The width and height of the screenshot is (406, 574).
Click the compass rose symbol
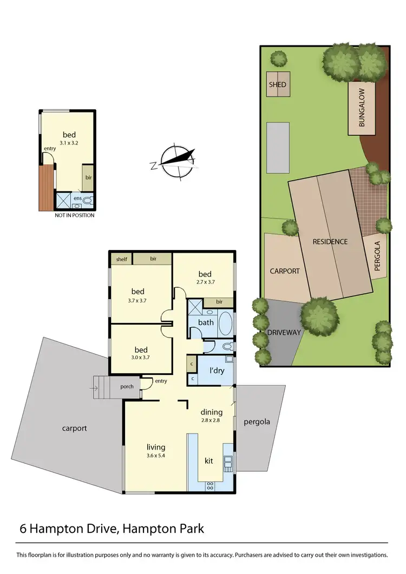(x=176, y=161)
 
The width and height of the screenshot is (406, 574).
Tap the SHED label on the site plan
(x=278, y=85)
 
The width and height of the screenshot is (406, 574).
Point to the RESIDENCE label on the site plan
(x=330, y=242)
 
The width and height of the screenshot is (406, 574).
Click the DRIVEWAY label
(x=283, y=333)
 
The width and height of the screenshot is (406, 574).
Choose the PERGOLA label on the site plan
(x=377, y=256)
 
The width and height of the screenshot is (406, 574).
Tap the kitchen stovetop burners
(x=210, y=485)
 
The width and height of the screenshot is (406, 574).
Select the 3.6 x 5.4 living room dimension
(x=155, y=456)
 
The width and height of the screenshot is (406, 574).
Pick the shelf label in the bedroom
(x=121, y=260)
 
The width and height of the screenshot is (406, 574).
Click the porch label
(x=126, y=386)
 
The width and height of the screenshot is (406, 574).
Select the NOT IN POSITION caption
(x=74, y=215)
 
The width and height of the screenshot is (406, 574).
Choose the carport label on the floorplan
(x=74, y=428)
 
